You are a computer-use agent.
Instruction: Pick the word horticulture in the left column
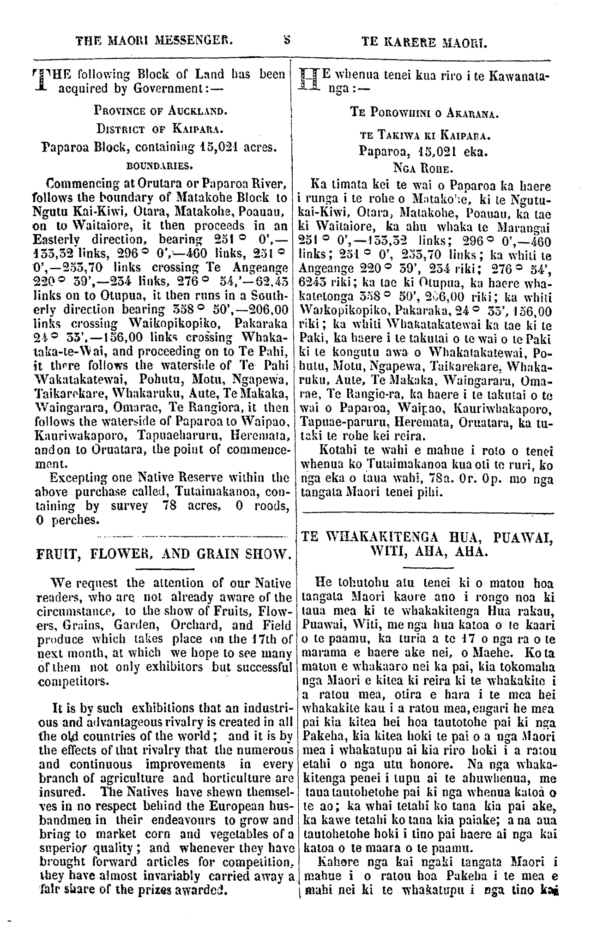[x=213, y=778]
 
